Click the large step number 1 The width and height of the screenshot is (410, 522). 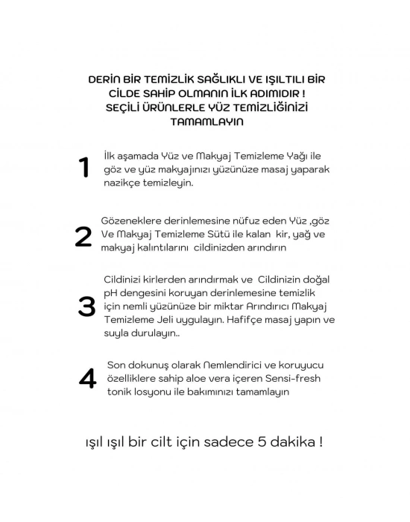[x=84, y=168]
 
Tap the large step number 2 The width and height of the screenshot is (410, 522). [x=83, y=236]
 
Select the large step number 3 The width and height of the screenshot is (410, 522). [x=86, y=306]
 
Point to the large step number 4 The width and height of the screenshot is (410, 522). [x=87, y=378]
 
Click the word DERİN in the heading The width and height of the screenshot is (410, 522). [x=105, y=78]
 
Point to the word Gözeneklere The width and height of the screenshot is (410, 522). [x=132, y=221]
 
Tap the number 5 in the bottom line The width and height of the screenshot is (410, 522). [x=258, y=441]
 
